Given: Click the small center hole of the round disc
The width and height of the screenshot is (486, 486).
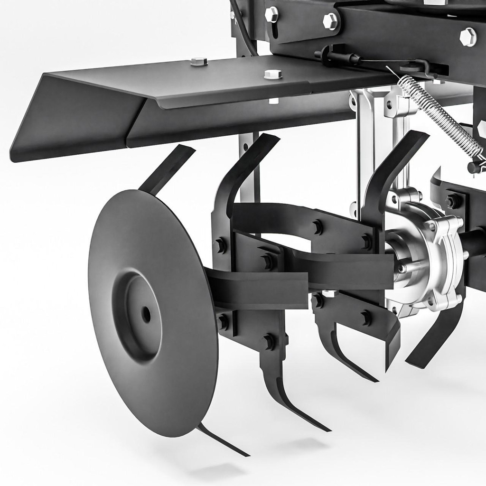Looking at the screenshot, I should (x=146, y=314).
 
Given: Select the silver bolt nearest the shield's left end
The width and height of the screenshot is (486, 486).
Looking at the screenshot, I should (x=199, y=62).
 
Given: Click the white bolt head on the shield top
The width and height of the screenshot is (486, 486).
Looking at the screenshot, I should (x=272, y=74).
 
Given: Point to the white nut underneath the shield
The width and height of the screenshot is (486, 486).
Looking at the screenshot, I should (x=273, y=101).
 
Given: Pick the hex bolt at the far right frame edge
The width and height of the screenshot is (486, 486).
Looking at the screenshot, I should (x=468, y=37).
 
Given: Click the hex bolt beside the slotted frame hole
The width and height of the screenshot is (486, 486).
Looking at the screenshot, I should (x=271, y=14).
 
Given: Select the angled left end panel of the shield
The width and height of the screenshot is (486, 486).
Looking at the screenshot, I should (x=71, y=119).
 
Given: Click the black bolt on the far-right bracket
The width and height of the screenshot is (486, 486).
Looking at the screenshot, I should (x=453, y=201).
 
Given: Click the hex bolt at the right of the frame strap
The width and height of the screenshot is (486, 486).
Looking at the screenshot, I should (x=330, y=21).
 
